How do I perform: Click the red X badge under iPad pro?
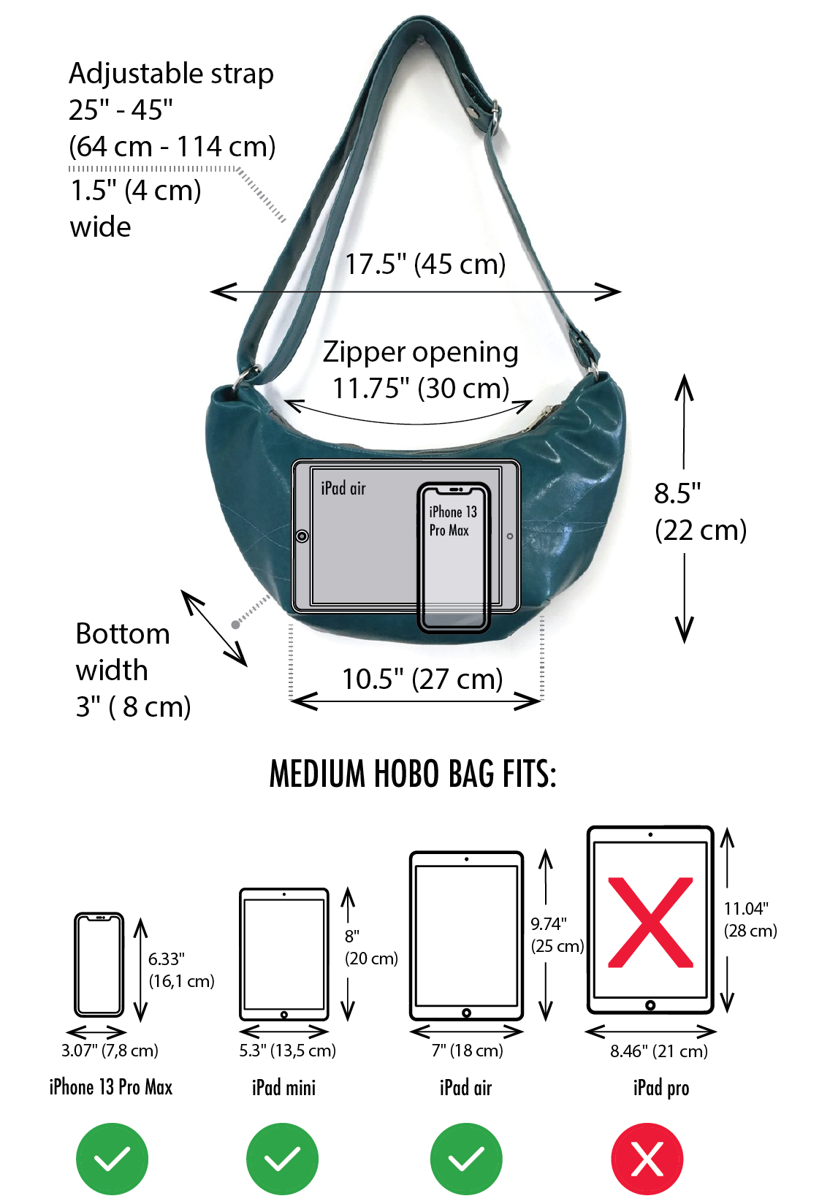tap(647, 1159)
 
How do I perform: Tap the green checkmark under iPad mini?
tap(282, 1159)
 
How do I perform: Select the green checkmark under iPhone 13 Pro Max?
tap(112, 1159)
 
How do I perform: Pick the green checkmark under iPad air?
tap(466, 1159)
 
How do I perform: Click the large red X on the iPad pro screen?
tap(650, 922)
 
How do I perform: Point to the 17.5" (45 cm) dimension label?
tap(425, 264)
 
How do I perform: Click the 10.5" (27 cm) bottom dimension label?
tap(422, 679)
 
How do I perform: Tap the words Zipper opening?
tap(421, 352)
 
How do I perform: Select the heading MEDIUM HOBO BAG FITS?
tap(413, 774)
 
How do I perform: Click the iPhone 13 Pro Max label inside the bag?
tap(452, 521)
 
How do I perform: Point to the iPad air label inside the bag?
tap(343, 488)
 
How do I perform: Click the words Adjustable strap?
tap(171, 74)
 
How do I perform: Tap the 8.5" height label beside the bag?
tap(677, 494)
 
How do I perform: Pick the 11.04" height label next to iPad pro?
tap(746, 909)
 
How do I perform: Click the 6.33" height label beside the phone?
tap(167, 959)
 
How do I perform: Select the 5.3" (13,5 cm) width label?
tap(287, 1051)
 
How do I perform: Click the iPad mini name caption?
tap(283, 1088)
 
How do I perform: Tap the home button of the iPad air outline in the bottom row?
tap(466, 1013)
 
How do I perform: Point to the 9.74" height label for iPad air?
tap(549, 924)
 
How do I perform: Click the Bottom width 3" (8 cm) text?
tap(132, 670)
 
